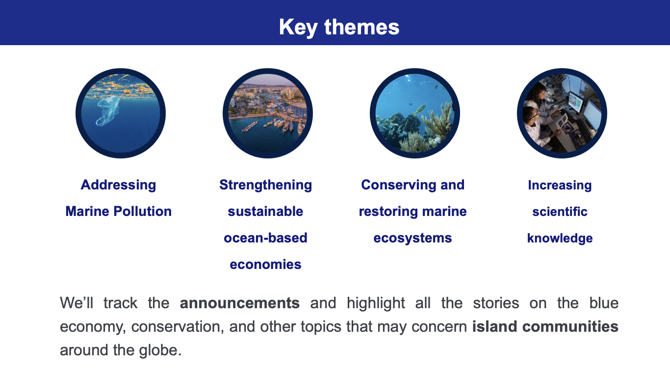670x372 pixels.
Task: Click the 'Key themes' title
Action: [x=339, y=27]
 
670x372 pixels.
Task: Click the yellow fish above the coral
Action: [x=419, y=109]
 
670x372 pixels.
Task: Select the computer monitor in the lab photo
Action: [x=574, y=102]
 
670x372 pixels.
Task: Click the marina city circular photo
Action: [x=268, y=113]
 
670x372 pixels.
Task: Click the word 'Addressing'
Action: [x=118, y=185]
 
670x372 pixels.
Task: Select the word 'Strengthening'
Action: [x=266, y=185]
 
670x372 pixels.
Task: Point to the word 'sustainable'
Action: [x=266, y=212]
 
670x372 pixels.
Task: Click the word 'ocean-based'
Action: [x=266, y=238]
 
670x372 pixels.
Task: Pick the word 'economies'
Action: [x=266, y=265]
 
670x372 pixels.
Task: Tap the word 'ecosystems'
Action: [x=413, y=238]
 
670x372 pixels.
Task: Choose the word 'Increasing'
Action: [x=560, y=185]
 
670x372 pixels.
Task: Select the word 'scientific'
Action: [x=560, y=212]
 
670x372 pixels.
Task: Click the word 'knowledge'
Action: [x=560, y=238]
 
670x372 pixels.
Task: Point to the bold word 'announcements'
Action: [x=239, y=303]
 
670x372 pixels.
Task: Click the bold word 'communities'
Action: [x=570, y=326]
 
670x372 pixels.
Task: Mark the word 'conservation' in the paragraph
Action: [x=178, y=326]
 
